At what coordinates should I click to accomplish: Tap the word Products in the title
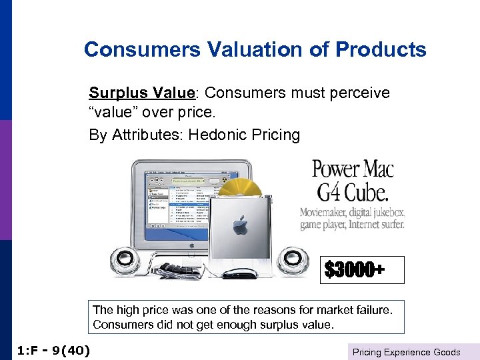click(x=381, y=50)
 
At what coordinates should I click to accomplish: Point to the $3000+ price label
click(x=355, y=270)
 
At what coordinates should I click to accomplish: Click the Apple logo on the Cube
click(x=240, y=225)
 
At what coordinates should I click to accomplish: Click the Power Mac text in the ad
click(x=353, y=167)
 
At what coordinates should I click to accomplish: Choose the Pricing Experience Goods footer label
click(x=406, y=351)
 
